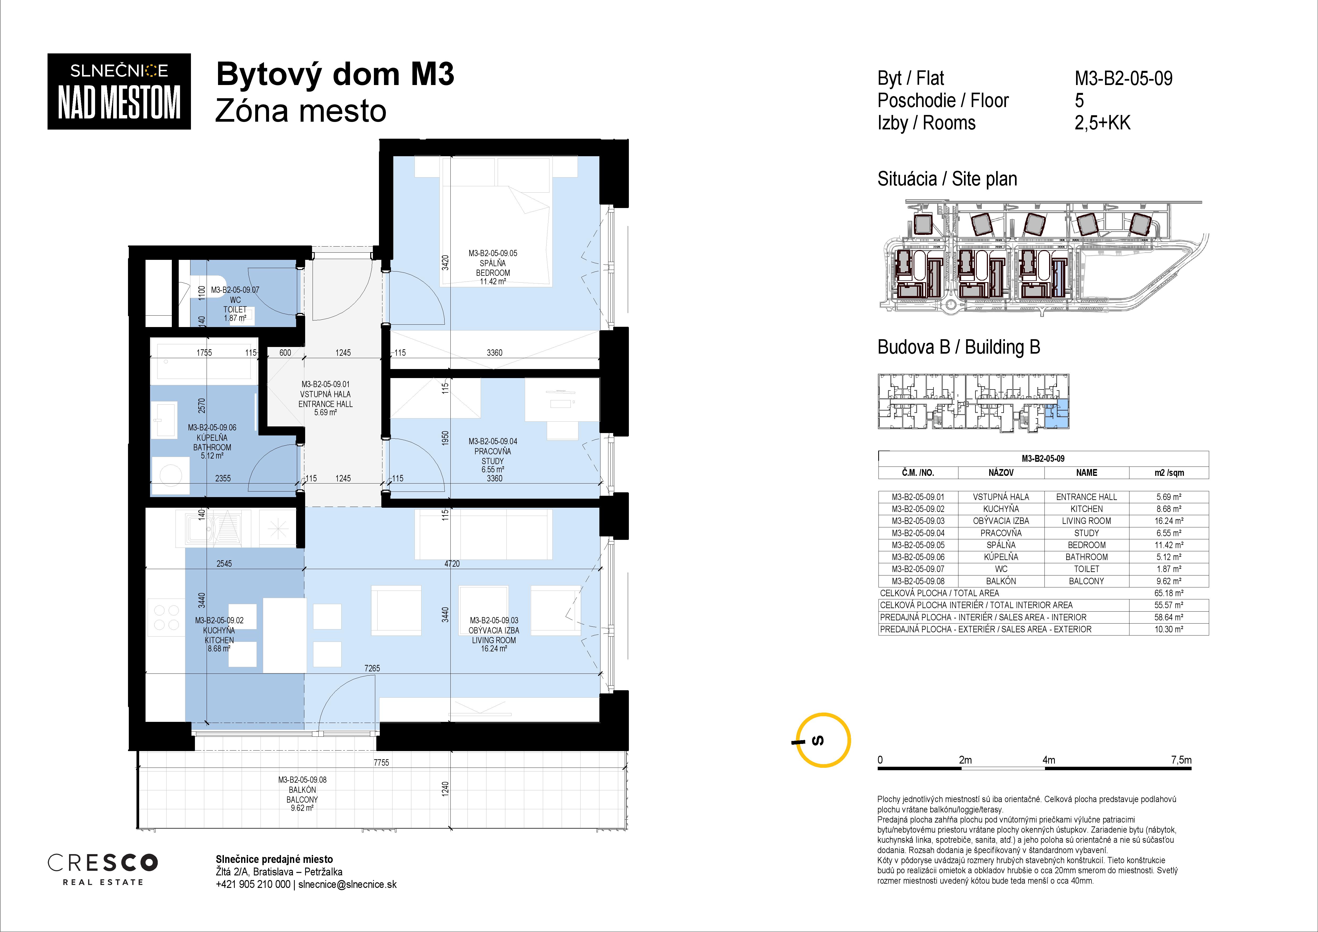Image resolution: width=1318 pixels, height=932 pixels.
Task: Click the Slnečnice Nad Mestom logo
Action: click(119, 91)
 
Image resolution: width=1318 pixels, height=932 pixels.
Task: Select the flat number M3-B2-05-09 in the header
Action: click(1123, 78)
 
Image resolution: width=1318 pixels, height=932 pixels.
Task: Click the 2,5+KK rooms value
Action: click(1102, 123)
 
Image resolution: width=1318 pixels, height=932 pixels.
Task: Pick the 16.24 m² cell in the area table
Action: click(1169, 521)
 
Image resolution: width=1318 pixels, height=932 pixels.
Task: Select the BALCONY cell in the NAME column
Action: click(1086, 581)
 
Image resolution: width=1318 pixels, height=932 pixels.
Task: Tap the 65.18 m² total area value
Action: click(1169, 593)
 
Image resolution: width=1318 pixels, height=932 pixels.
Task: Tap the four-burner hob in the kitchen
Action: click(167, 617)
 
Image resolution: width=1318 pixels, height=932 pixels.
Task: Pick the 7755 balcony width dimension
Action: click(381, 762)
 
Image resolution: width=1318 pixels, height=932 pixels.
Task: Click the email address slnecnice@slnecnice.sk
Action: click(347, 884)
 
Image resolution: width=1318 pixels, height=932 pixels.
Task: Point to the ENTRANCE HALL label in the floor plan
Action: click(326, 404)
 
